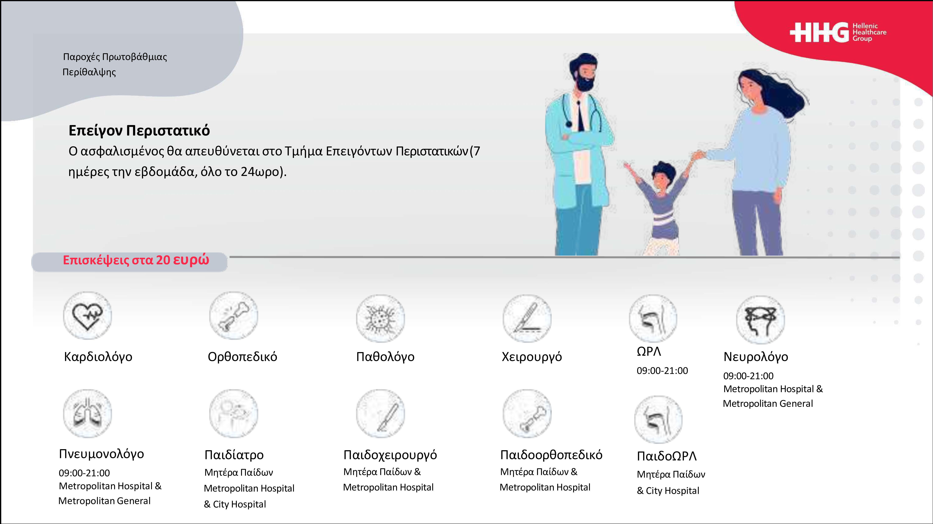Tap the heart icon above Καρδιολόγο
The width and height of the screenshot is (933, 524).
click(x=87, y=316)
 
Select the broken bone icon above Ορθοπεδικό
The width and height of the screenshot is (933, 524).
click(x=234, y=316)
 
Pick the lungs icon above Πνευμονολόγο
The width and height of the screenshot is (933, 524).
click(x=87, y=413)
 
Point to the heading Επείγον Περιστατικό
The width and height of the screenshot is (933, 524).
click(x=139, y=131)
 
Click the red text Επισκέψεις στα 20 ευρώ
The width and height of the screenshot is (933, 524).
click(x=136, y=260)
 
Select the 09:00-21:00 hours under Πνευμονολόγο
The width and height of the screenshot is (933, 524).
click(x=84, y=473)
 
